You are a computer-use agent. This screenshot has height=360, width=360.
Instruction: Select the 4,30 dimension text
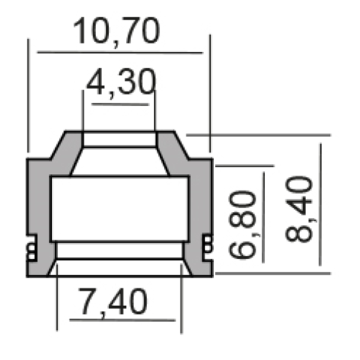pos(120,83)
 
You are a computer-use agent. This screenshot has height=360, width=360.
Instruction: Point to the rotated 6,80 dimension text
pos(242,225)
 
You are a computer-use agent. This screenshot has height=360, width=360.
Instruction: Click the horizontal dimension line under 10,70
pos(120,53)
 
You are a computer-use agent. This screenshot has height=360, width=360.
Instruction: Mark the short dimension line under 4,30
pos(120,104)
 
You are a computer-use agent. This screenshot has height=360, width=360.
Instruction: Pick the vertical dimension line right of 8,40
pos(320,204)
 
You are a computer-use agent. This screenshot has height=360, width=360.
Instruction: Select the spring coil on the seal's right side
pos(207,245)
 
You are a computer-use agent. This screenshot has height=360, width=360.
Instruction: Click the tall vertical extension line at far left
pos(28,96)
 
